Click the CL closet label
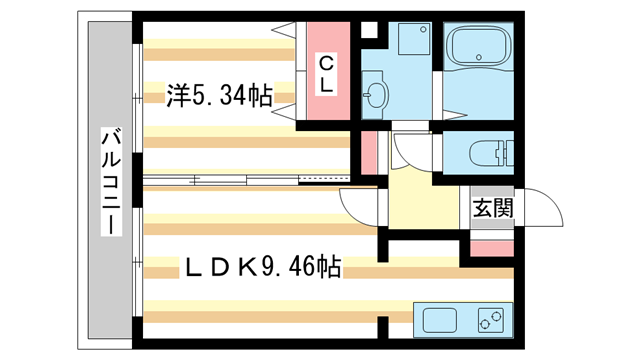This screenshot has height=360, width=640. (326, 74)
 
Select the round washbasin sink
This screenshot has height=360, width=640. (377, 97)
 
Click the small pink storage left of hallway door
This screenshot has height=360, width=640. (369, 149)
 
